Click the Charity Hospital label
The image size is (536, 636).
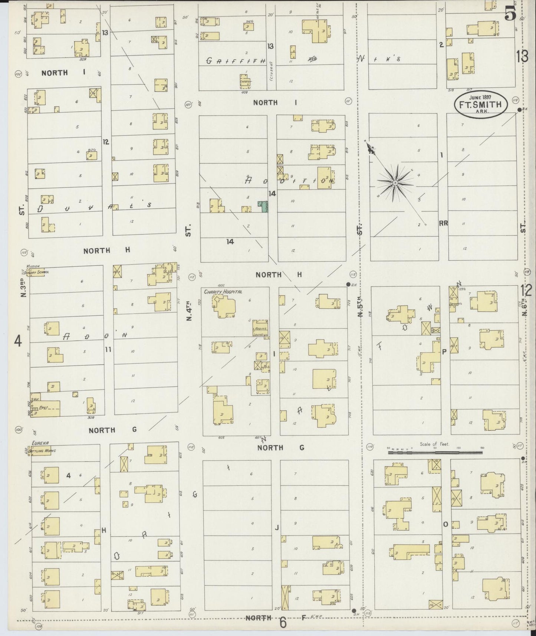pyautogui.click(x=223, y=292)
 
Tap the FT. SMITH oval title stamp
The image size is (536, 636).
pyautogui.click(x=480, y=105)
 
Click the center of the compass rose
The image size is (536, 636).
pyautogui.click(x=395, y=183)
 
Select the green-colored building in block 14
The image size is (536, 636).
pyautogui.click(x=263, y=206)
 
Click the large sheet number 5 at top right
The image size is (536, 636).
pyautogui.click(x=510, y=15)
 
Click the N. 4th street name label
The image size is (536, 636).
pyautogui.click(x=189, y=311)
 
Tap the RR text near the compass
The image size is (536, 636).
pyautogui.click(x=443, y=223)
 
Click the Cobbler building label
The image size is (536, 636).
pyautogui.click(x=245, y=81)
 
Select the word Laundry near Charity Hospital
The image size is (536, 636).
pyautogui.click(x=260, y=334)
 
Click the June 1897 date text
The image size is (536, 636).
pyautogui.click(x=480, y=97)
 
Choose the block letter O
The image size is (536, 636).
pyautogui.click(x=445, y=524)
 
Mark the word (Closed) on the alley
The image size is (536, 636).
pyautogui.click(x=271, y=72)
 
